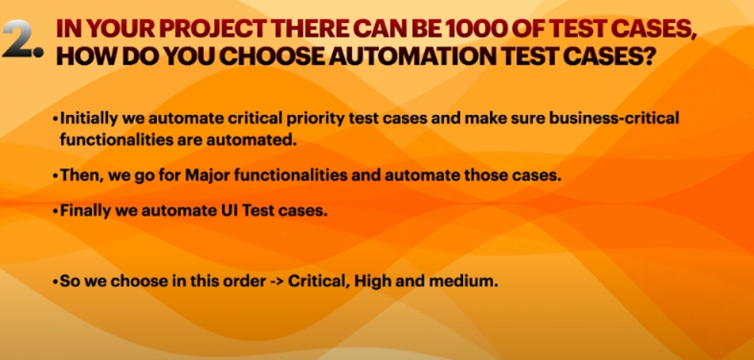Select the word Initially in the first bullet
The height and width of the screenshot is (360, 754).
[87, 119]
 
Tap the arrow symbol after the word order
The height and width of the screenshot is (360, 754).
[276, 282]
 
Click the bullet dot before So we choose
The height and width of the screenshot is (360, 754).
[56, 282]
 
